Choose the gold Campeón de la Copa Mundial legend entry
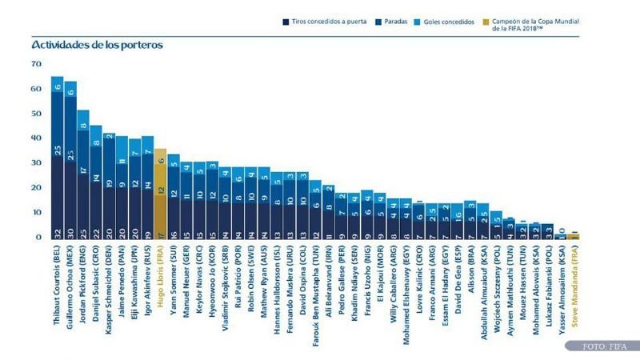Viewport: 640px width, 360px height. (530, 25)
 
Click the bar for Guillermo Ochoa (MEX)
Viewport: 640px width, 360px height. (71, 160)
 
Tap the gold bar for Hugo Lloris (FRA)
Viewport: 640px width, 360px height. (160, 193)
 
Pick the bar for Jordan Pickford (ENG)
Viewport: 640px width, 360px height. (83, 173)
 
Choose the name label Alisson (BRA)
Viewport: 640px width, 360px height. (471, 267)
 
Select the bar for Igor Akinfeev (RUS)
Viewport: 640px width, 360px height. (147, 187)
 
